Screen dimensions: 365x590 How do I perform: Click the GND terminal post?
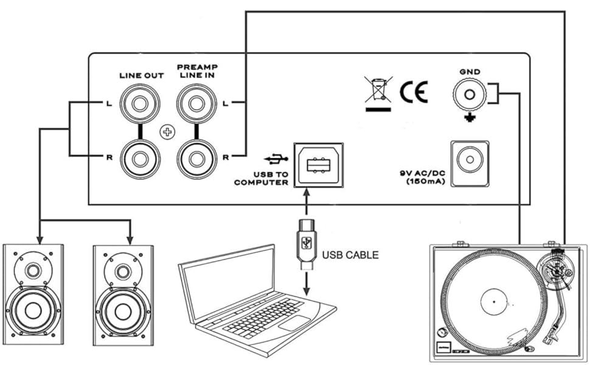pyautogui.click(x=470, y=95)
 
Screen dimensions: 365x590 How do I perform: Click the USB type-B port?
pyautogui.click(x=318, y=165)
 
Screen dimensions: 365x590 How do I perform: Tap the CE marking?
pyautogui.click(x=414, y=91)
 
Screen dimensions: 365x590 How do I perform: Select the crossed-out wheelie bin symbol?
pyautogui.click(x=377, y=89)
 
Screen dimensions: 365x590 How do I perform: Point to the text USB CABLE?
pyautogui.click(x=350, y=255)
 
